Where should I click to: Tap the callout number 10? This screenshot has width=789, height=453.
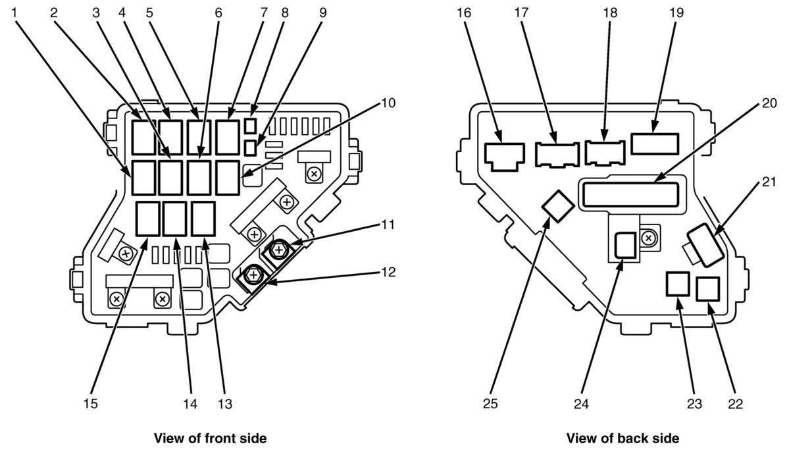tap(388, 103)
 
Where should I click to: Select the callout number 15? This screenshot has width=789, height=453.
tap(91, 404)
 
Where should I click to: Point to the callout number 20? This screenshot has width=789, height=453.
tap(769, 103)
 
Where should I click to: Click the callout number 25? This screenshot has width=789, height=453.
tap(491, 404)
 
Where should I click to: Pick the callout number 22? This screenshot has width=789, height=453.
tap(735, 404)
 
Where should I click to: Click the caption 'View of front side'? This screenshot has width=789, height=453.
tap(210, 438)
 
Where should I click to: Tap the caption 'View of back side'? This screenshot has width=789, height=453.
tap(623, 438)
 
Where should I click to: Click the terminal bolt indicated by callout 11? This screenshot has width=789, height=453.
tap(278, 249)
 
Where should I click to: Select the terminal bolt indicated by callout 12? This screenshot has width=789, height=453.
tap(253, 275)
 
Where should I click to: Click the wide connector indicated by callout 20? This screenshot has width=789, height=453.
tap(631, 194)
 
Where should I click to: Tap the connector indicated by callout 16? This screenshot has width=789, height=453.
tap(505, 157)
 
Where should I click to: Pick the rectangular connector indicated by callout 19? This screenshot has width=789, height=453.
tap(655, 143)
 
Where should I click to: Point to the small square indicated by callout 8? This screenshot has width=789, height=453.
tap(250, 126)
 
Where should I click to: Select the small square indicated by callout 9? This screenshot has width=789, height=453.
tap(250, 147)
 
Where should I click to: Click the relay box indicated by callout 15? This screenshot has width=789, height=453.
tap(149, 219)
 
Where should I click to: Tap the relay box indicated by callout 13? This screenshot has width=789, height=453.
tap(203, 219)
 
